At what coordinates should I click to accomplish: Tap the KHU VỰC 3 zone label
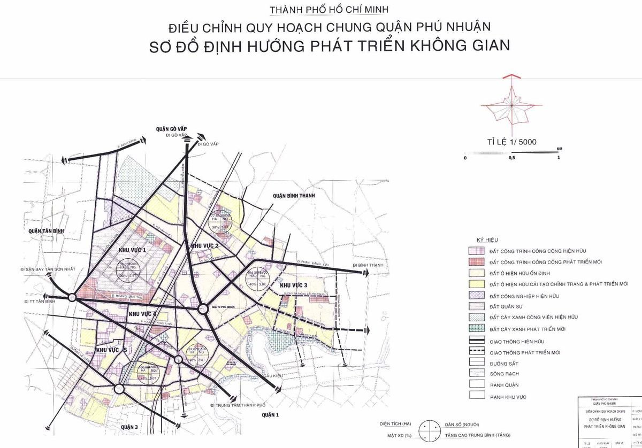tap(293, 285)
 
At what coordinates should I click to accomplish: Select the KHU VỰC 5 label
tap(111, 349)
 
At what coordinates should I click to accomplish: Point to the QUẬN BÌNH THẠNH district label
tap(294, 196)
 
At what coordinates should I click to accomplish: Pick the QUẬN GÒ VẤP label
tap(170, 129)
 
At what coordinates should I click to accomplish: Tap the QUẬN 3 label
tap(129, 427)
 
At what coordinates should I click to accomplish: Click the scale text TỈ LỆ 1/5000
tap(511, 141)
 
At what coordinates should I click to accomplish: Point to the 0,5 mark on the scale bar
tap(512, 158)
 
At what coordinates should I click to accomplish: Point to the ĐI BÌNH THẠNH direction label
tap(369, 265)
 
